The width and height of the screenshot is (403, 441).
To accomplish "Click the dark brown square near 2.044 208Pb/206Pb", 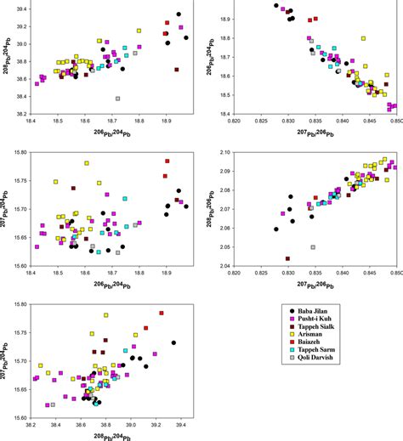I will pyautogui.click(x=287, y=258).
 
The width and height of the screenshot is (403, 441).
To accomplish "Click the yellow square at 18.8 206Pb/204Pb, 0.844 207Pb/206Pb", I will pyautogui.click(x=363, y=38).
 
